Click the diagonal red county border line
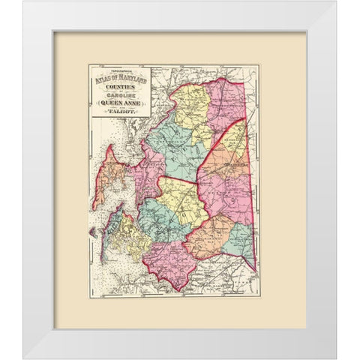(x=221, y=150)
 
